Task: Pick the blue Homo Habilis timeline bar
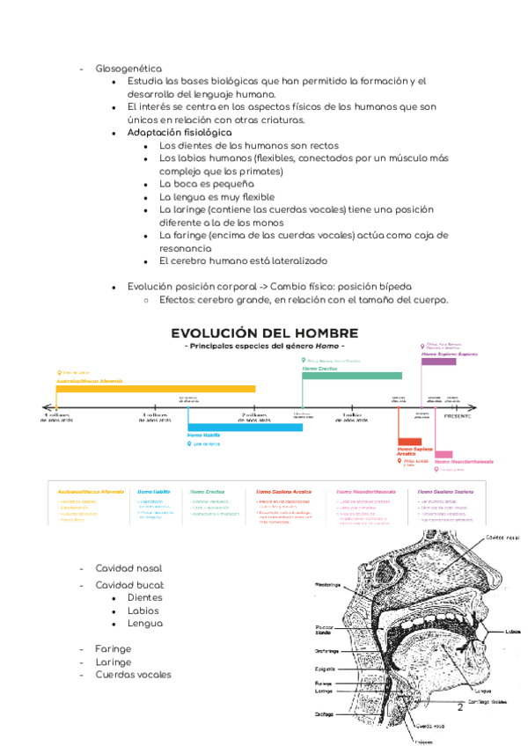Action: [245, 428]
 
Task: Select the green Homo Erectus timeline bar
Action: [346, 376]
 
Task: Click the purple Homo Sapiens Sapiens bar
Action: [438, 362]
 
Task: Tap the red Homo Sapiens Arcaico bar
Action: [409, 442]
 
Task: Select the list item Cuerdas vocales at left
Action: [133, 675]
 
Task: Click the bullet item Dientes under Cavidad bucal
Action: [144, 597]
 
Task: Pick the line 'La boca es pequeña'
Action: [206, 185]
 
